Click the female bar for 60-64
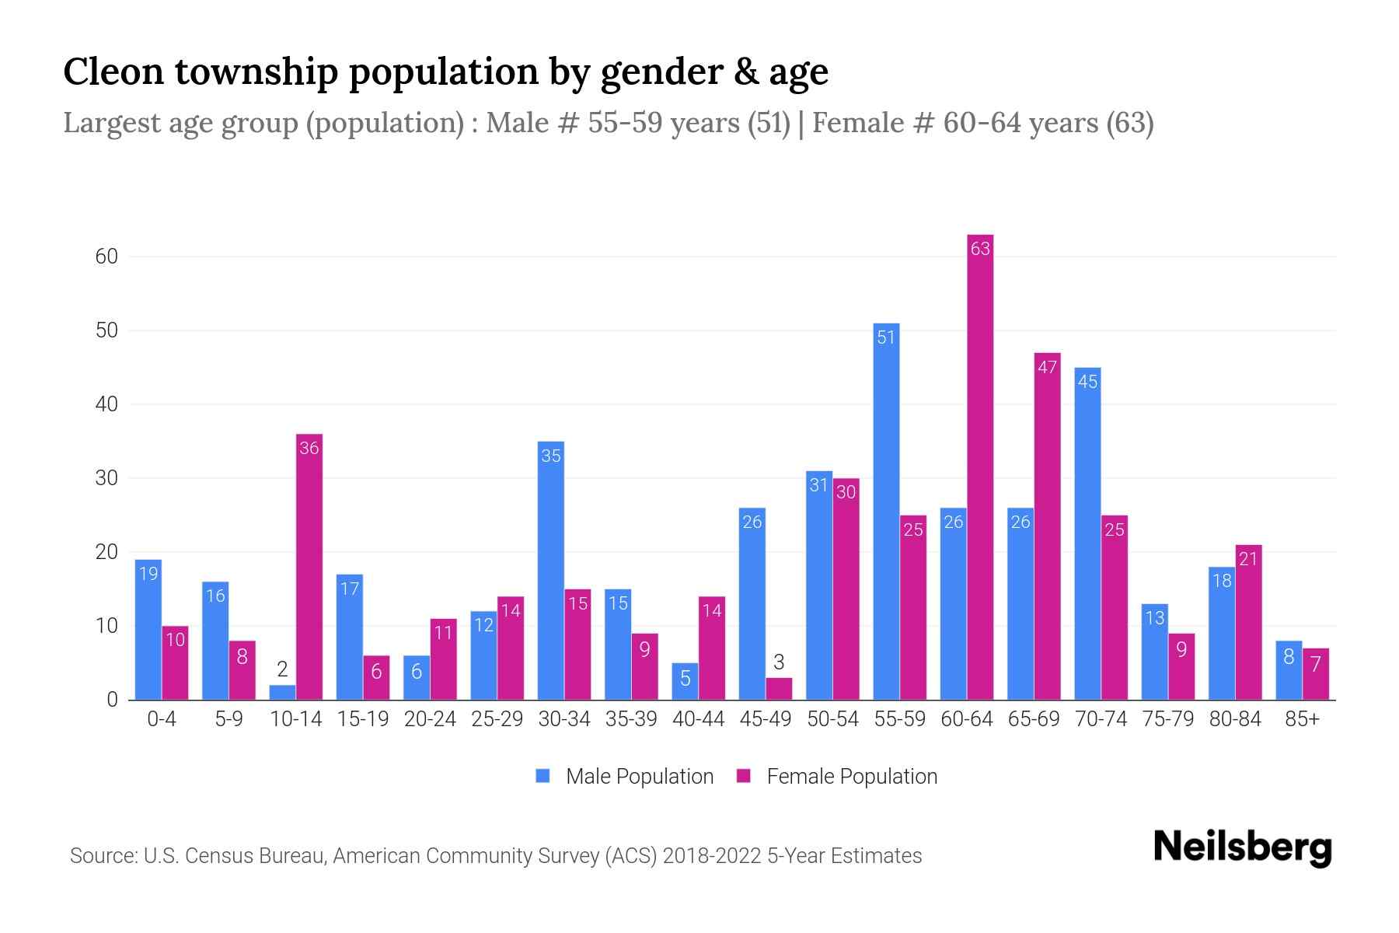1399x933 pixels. click(980, 466)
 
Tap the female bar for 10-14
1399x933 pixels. click(309, 567)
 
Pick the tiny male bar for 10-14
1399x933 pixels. click(282, 692)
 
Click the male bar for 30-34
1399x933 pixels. click(551, 571)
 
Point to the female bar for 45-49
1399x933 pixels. click(779, 689)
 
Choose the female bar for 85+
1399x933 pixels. click(1316, 674)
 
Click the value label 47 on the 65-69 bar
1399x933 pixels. click(1047, 367)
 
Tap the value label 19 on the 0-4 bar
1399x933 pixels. click(148, 574)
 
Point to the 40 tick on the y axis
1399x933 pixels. click(106, 404)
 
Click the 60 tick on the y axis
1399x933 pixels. click(106, 257)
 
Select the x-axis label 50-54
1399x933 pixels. click(832, 719)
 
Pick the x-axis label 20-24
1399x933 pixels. click(430, 719)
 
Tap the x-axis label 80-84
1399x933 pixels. click(1235, 719)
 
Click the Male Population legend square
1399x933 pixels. click(543, 776)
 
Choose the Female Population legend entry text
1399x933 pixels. click(852, 776)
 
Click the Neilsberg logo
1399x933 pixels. click(1242, 847)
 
